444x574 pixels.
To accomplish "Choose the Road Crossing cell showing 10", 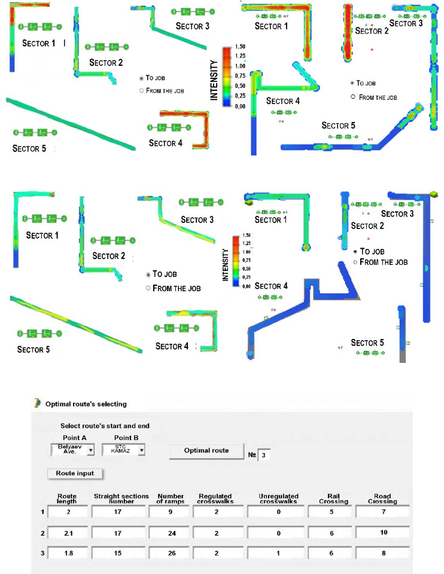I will (x=382, y=532).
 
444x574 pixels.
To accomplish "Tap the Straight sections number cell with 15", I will (x=121, y=553).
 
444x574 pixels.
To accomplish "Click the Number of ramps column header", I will (x=170, y=499).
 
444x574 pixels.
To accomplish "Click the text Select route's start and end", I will (x=105, y=426).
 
